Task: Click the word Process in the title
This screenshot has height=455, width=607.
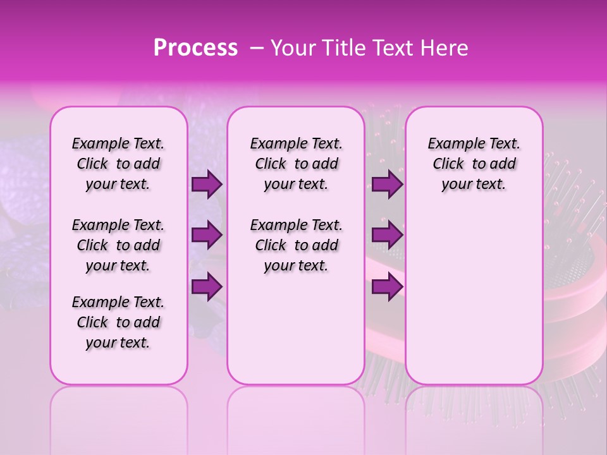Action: point(195,48)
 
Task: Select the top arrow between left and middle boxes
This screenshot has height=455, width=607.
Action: point(207,185)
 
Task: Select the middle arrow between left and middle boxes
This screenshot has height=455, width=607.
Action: point(207,235)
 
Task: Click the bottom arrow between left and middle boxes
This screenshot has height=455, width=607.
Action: point(207,286)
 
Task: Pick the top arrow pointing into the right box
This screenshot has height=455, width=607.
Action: point(387,185)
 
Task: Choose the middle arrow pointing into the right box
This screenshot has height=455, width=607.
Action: point(387,235)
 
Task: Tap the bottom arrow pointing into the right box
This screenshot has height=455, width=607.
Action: point(387,286)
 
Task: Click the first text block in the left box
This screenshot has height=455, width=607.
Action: point(118,164)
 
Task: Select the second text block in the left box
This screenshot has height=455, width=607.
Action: point(118,245)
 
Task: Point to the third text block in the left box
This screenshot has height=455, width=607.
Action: point(118,322)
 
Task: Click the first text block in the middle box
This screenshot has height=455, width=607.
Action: point(296,164)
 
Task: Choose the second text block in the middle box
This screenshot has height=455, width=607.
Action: point(296,245)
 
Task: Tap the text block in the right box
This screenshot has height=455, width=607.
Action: point(474,164)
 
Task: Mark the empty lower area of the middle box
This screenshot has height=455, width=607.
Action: point(296,335)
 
